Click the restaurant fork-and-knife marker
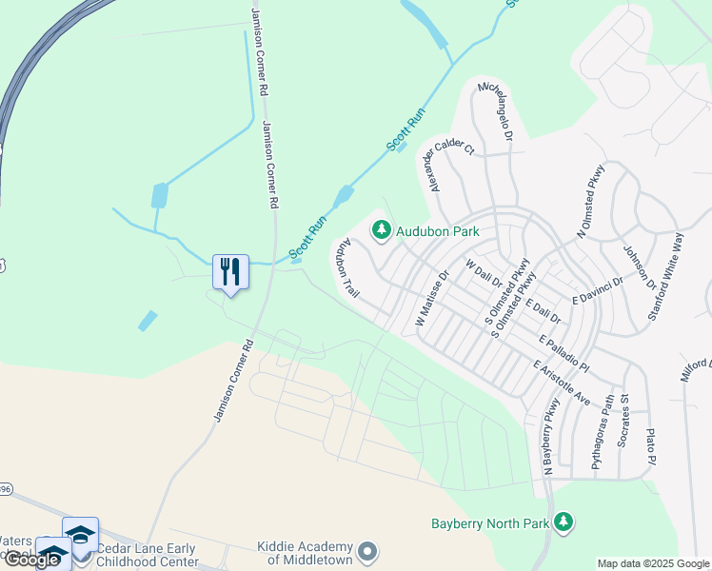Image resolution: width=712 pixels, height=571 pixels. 230,272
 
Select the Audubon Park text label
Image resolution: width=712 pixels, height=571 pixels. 437,231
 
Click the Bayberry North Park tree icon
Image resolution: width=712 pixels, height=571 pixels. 564,522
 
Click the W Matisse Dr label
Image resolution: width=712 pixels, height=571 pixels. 432,301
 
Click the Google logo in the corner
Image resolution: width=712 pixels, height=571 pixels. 33,559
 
